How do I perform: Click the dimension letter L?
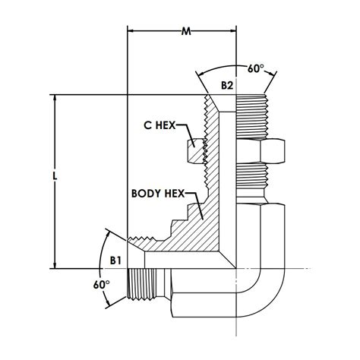click(x=54, y=176)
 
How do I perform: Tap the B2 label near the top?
click(x=227, y=86)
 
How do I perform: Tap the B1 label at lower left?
click(x=116, y=260)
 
